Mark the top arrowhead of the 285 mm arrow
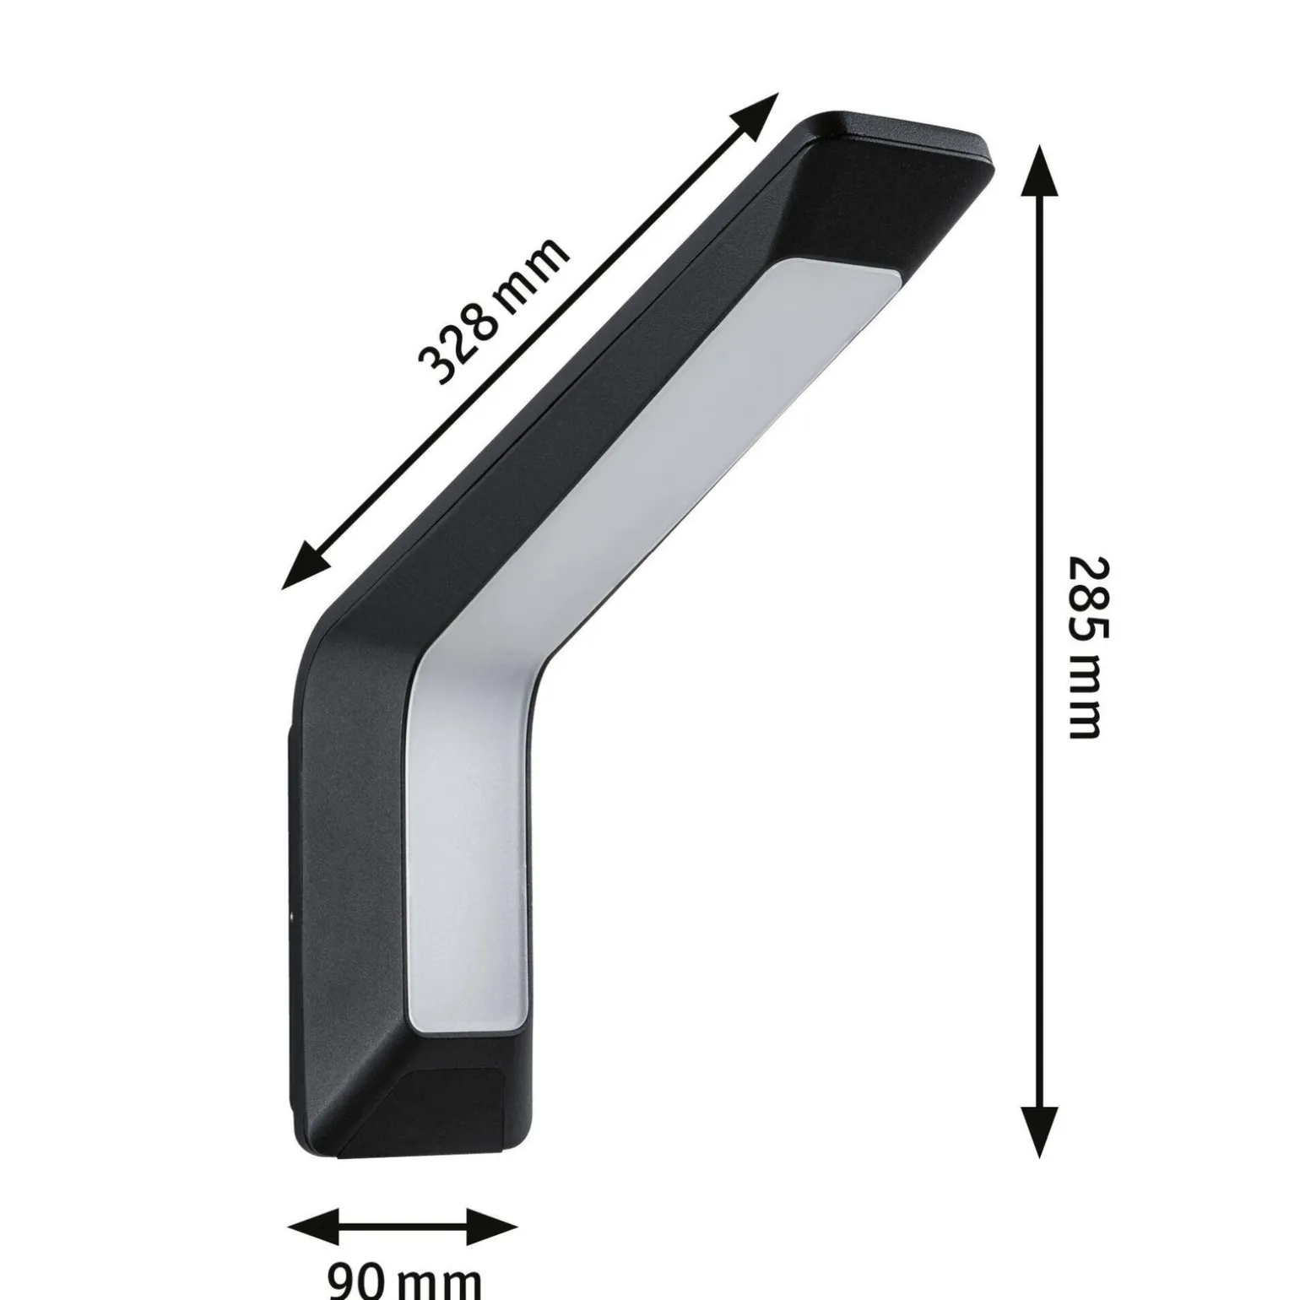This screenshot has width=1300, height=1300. point(1038,169)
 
